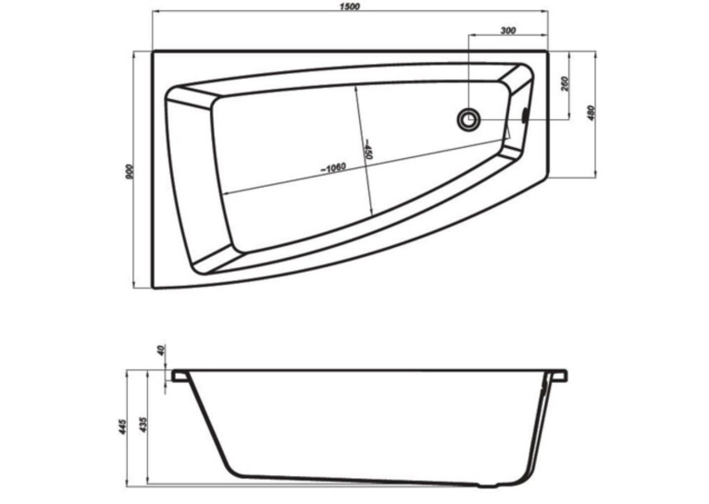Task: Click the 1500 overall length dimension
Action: (x=351, y=6)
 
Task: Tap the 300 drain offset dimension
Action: (x=508, y=31)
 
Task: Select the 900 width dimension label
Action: (x=130, y=172)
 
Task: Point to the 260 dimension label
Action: (x=566, y=84)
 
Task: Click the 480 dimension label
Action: (x=591, y=113)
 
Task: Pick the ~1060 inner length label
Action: (x=333, y=168)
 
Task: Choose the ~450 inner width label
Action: (x=367, y=149)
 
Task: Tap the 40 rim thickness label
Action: (x=162, y=350)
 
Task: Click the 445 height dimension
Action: (x=122, y=426)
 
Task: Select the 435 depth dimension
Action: (x=143, y=425)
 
